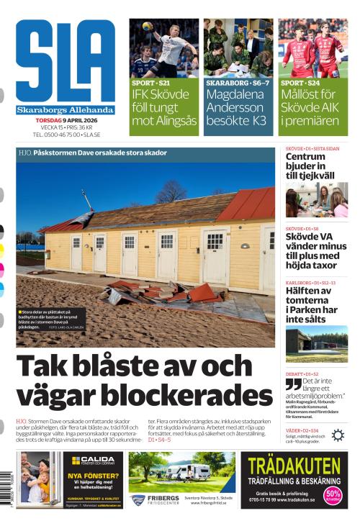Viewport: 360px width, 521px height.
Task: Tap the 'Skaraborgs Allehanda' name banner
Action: [x=66, y=110]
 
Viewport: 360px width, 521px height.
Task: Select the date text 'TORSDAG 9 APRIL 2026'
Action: [x=66, y=119]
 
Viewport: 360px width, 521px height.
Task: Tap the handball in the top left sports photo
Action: [x=147, y=27]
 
